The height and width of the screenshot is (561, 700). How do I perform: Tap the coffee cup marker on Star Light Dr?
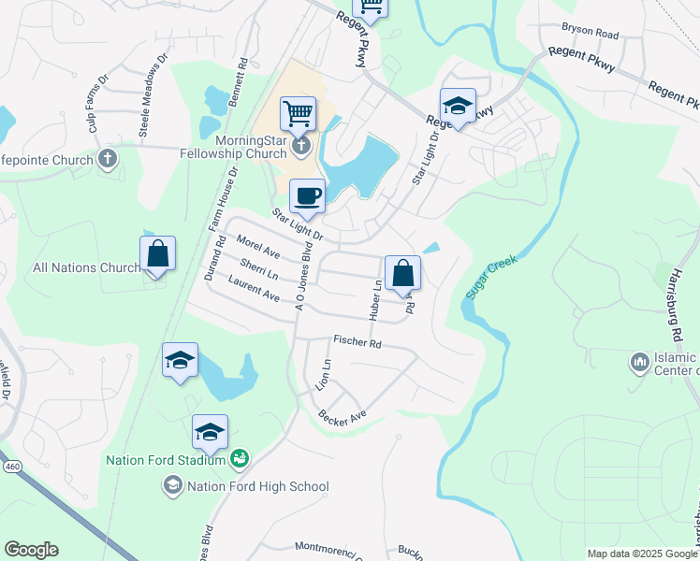pyautogui.click(x=307, y=196)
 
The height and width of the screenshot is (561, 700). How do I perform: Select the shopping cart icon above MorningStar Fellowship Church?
pyautogui.click(x=298, y=114)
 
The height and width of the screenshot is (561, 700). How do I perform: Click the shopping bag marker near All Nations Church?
pyautogui.click(x=157, y=253)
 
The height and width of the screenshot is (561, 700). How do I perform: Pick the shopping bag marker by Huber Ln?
pyautogui.click(x=402, y=273)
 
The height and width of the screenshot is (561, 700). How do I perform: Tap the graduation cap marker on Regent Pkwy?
pyautogui.click(x=458, y=106)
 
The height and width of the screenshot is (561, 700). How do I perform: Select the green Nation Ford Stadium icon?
pyautogui.click(x=239, y=457)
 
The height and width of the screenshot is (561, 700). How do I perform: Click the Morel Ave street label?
pyautogui.click(x=258, y=247)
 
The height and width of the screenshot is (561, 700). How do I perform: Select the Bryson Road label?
pyautogui.click(x=591, y=34)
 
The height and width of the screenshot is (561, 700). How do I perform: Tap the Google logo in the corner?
pyautogui.click(x=31, y=550)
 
